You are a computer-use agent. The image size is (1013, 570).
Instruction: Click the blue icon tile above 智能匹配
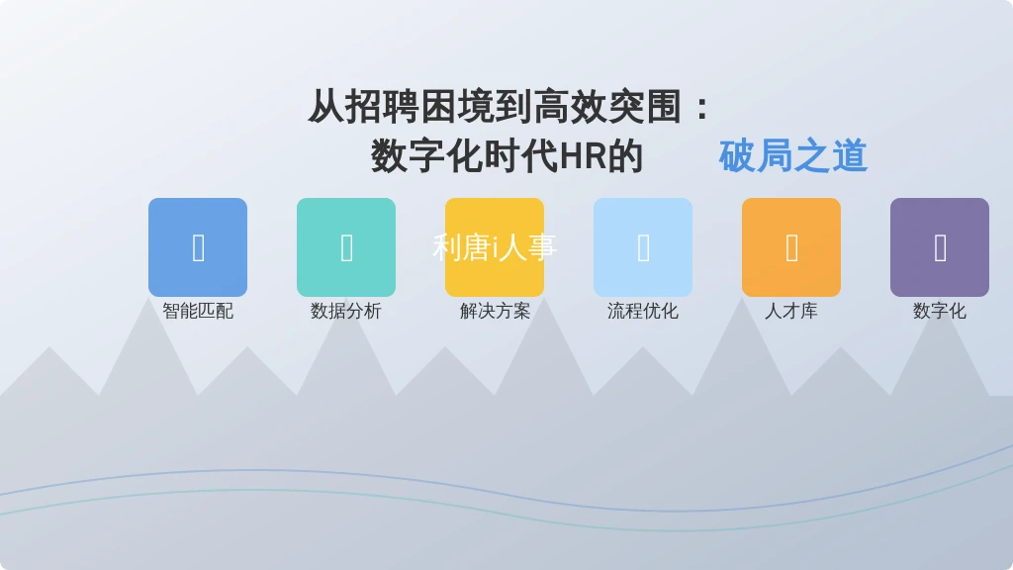198,247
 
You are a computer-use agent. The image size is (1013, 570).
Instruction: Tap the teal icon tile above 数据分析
346,247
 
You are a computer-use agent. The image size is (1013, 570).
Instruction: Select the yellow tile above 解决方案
495,247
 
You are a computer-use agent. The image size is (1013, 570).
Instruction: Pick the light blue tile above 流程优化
643,247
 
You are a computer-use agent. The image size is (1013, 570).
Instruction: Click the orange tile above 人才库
791,247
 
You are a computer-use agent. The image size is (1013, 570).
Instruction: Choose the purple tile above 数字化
940,247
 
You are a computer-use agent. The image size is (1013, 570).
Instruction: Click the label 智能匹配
198,311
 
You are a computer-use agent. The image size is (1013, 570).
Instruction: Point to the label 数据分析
346,311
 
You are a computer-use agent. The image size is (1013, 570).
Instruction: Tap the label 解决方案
495,311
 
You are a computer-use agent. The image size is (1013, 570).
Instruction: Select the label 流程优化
643,311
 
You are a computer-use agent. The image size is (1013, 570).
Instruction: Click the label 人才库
791,311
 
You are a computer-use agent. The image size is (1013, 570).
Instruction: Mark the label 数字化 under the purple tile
940,311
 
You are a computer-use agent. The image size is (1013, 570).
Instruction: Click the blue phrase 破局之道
793,155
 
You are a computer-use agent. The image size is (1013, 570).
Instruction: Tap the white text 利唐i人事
495,247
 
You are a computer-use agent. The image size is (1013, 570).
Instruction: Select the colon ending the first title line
702,108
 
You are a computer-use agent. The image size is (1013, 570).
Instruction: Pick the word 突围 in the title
645,107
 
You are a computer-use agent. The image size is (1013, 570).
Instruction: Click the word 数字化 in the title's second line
427,156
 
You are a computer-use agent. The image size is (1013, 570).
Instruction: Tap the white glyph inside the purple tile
940,248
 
